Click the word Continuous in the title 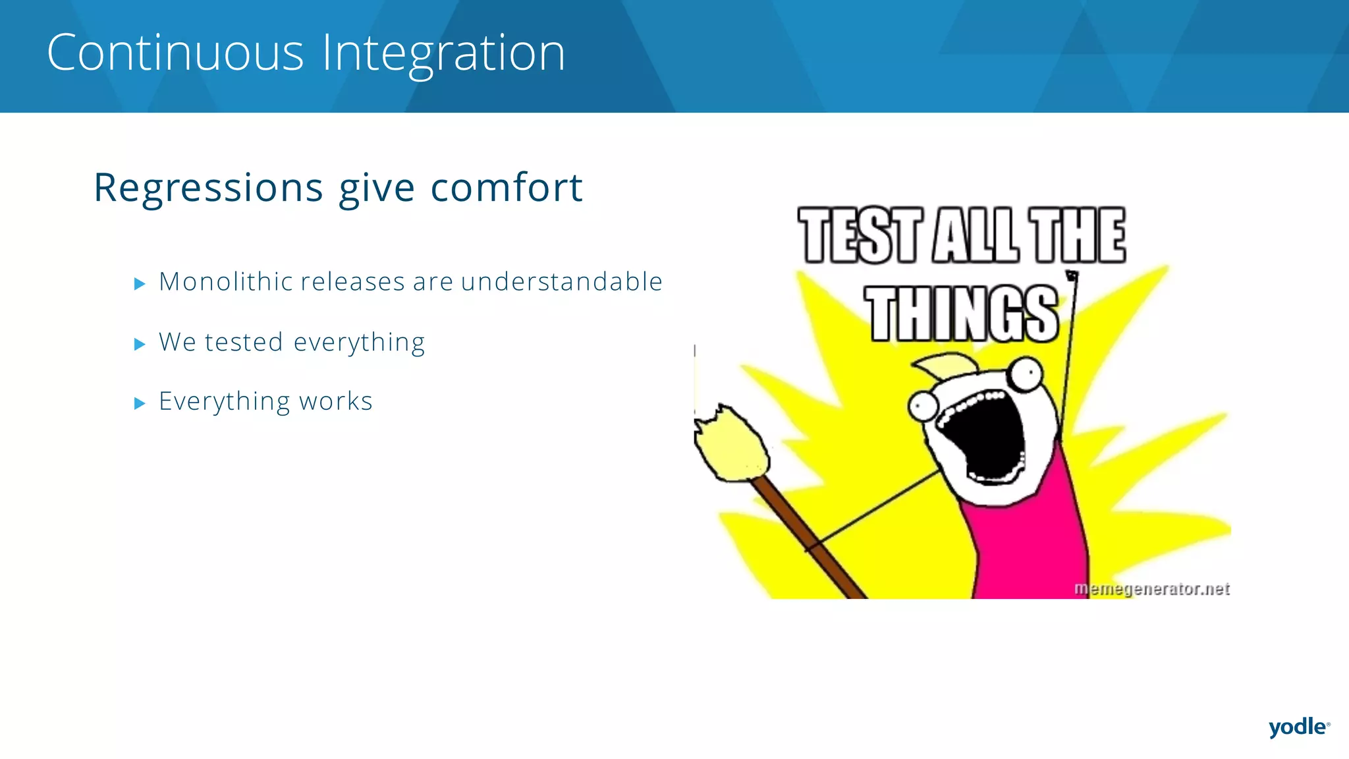pos(175,53)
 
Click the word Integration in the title pos(443,54)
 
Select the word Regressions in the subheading pos(208,188)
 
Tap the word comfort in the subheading pos(506,188)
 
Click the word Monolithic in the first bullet pos(226,282)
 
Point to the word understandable pos(561,282)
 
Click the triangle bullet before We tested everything pos(139,344)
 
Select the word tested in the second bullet pos(244,343)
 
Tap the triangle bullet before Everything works pos(139,403)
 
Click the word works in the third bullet pos(335,402)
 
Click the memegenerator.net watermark pos(1151,588)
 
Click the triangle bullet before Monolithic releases pos(139,284)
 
